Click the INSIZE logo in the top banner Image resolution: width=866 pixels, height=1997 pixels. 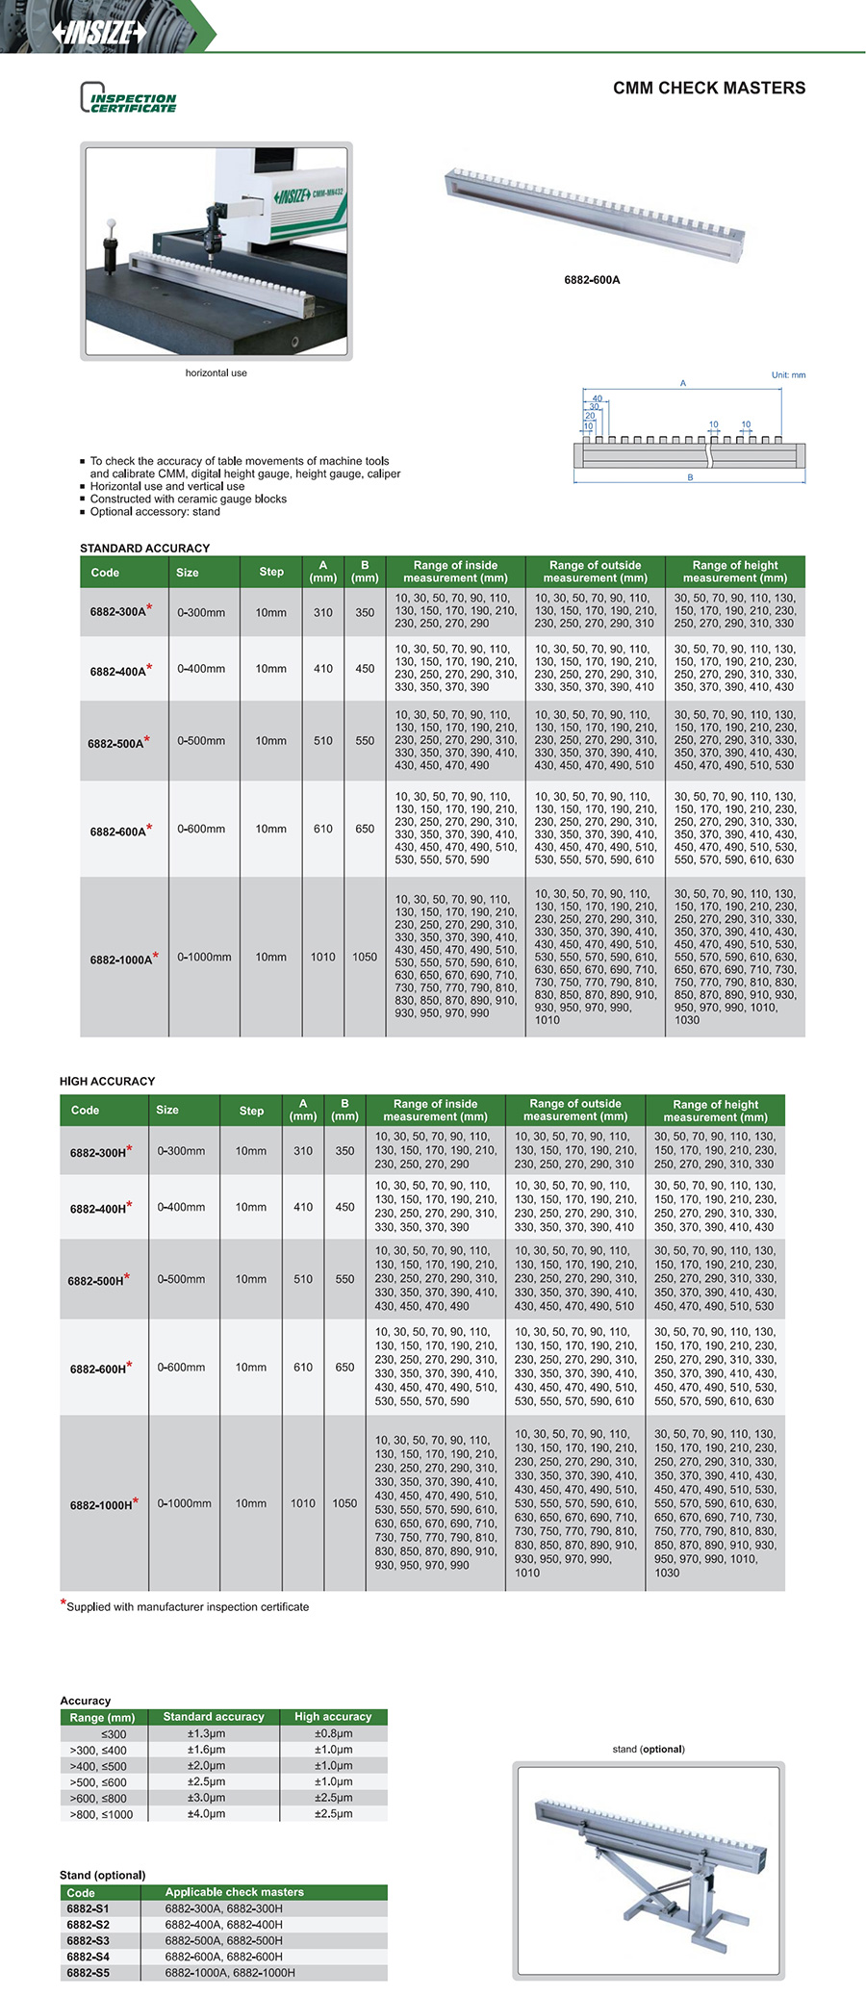point(99,32)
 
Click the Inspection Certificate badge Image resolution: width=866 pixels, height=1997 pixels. point(129,98)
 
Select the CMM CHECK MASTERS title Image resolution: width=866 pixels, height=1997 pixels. point(709,89)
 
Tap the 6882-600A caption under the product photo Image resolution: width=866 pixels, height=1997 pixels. point(592,280)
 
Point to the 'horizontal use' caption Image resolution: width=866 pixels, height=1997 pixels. point(216,373)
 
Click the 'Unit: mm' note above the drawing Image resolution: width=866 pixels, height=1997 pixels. point(788,375)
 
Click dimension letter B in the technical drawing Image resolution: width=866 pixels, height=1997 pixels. point(690,477)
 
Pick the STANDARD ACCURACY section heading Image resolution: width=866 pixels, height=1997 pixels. point(144,548)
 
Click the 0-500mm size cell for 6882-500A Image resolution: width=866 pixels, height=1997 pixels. point(201,741)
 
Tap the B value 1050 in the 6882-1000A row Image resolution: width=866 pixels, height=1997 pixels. point(365,958)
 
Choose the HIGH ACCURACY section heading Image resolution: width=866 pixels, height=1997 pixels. point(107,1081)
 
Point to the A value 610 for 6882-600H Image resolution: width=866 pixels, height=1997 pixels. point(303,1368)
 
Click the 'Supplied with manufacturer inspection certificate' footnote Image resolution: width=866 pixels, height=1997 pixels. point(188,1606)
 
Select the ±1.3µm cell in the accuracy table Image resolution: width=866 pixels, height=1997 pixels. point(206,1733)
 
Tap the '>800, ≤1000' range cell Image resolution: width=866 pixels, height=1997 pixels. point(101,1814)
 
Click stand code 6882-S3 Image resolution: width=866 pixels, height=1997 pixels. point(88,1940)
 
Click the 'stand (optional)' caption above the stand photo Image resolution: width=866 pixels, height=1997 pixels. point(649,1749)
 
